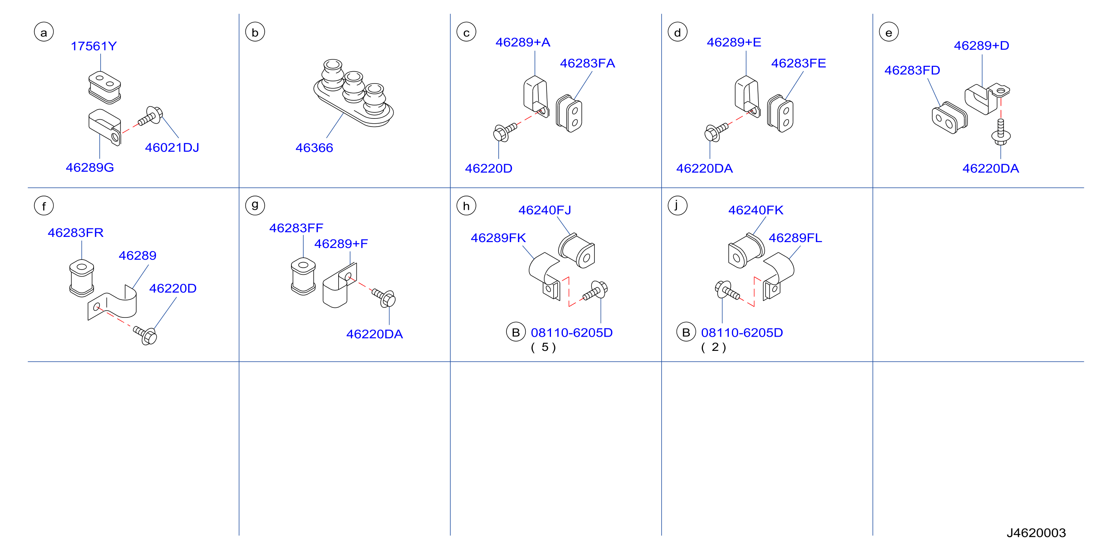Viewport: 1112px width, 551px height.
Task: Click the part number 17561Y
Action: click(94, 46)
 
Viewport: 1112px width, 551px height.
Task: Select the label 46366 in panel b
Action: click(314, 148)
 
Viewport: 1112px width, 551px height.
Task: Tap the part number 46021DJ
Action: click(172, 148)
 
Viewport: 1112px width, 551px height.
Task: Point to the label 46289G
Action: click(90, 167)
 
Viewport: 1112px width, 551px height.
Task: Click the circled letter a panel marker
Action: click(43, 32)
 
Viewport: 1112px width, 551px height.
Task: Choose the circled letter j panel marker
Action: click(677, 206)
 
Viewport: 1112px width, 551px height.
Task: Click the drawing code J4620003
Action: click(1036, 533)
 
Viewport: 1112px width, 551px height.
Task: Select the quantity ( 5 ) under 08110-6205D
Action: click(544, 347)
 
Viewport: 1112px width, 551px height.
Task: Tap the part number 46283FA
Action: click(587, 63)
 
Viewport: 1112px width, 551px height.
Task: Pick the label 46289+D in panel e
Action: click(981, 46)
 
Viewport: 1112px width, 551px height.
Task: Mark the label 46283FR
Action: click(75, 233)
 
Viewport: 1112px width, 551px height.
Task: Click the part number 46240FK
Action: click(756, 210)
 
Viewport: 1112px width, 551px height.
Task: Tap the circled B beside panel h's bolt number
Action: click(515, 332)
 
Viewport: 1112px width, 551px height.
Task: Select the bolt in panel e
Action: click(1000, 132)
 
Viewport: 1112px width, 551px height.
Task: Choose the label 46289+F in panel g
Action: click(341, 244)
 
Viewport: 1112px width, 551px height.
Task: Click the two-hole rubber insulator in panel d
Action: click(780, 113)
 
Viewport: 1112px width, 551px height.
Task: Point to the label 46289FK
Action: click(498, 238)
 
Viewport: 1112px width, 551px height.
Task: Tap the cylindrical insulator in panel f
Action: click(82, 278)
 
